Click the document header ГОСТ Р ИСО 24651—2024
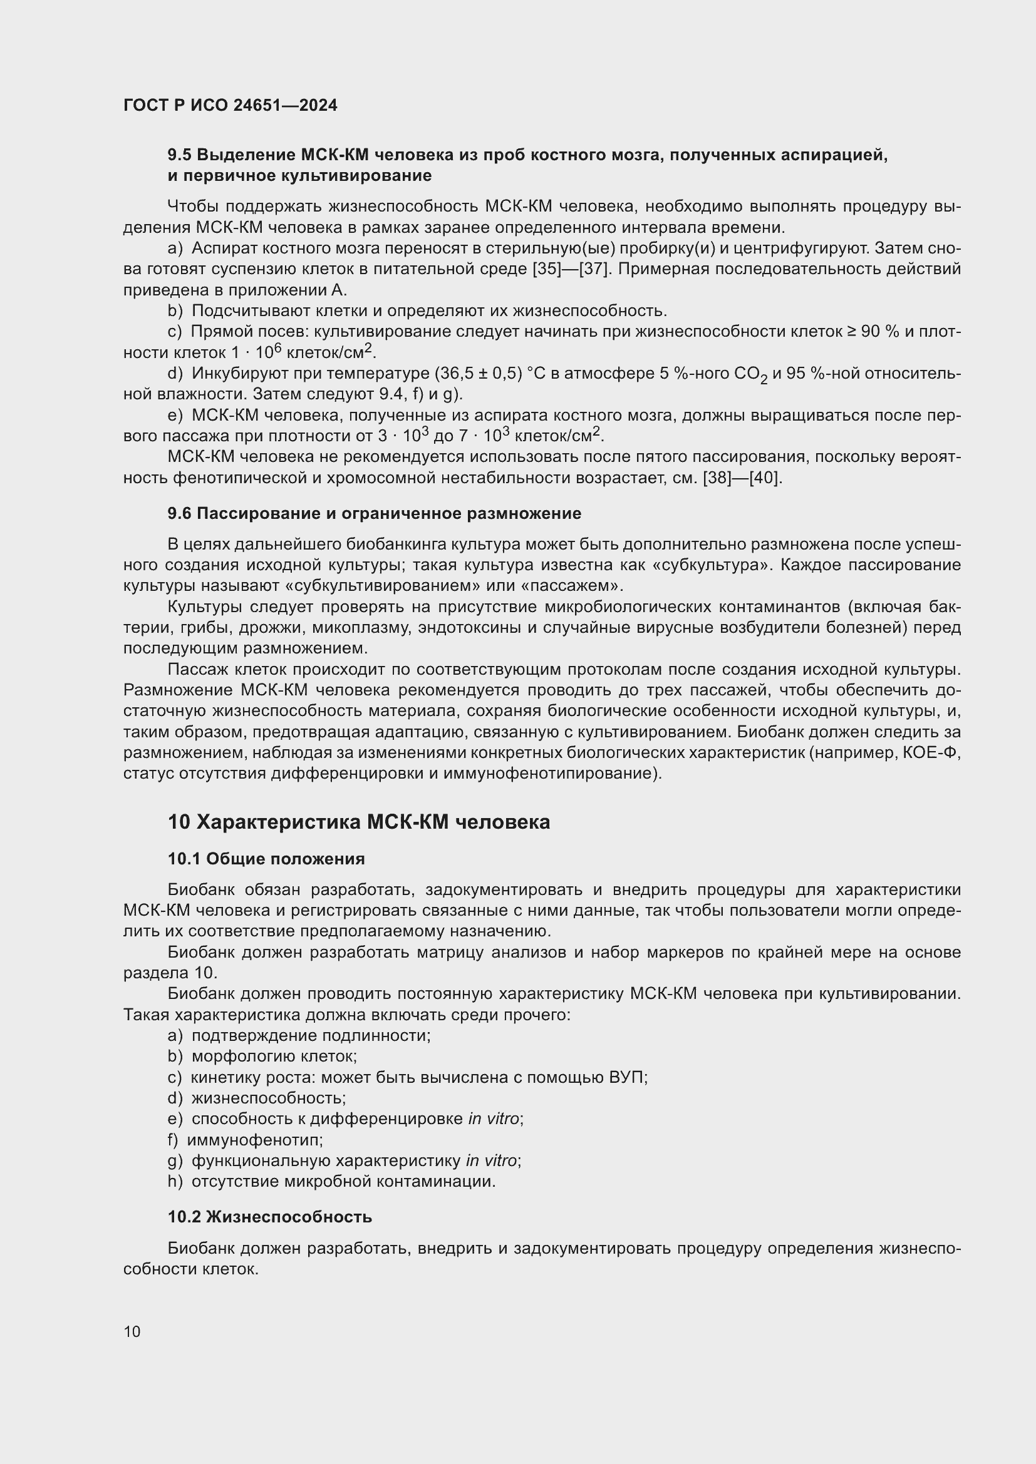click(x=231, y=106)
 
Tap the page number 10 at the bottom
click(x=132, y=1331)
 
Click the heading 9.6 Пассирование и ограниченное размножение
click(x=375, y=513)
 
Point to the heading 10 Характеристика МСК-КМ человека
click(x=358, y=822)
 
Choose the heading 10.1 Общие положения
click(x=266, y=859)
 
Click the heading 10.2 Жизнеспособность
click(x=270, y=1217)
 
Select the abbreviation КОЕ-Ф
click(x=931, y=753)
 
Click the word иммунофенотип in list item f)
click(x=254, y=1139)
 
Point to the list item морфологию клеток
click(x=274, y=1057)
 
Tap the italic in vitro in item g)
click(x=493, y=1160)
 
